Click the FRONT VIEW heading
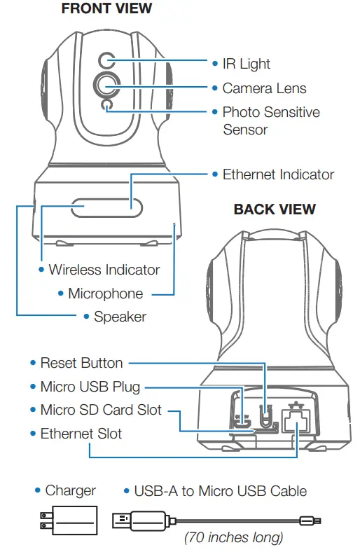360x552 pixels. (x=106, y=9)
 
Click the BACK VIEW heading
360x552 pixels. (x=275, y=209)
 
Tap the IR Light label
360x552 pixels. (x=246, y=64)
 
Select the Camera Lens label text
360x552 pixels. (x=264, y=88)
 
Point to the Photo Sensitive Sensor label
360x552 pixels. (x=270, y=120)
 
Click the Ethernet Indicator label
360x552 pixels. (x=278, y=174)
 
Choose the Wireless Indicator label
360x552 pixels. (x=104, y=270)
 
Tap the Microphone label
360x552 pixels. (x=105, y=294)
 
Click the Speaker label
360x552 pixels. (x=120, y=317)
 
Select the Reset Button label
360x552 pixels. (x=81, y=363)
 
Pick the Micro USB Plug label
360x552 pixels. (x=90, y=387)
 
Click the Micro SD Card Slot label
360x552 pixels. (x=100, y=410)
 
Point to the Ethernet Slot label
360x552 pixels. (x=81, y=434)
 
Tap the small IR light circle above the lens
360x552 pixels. (x=106, y=60)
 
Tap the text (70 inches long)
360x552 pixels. (x=233, y=538)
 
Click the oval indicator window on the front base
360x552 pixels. (x=106, y=208)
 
